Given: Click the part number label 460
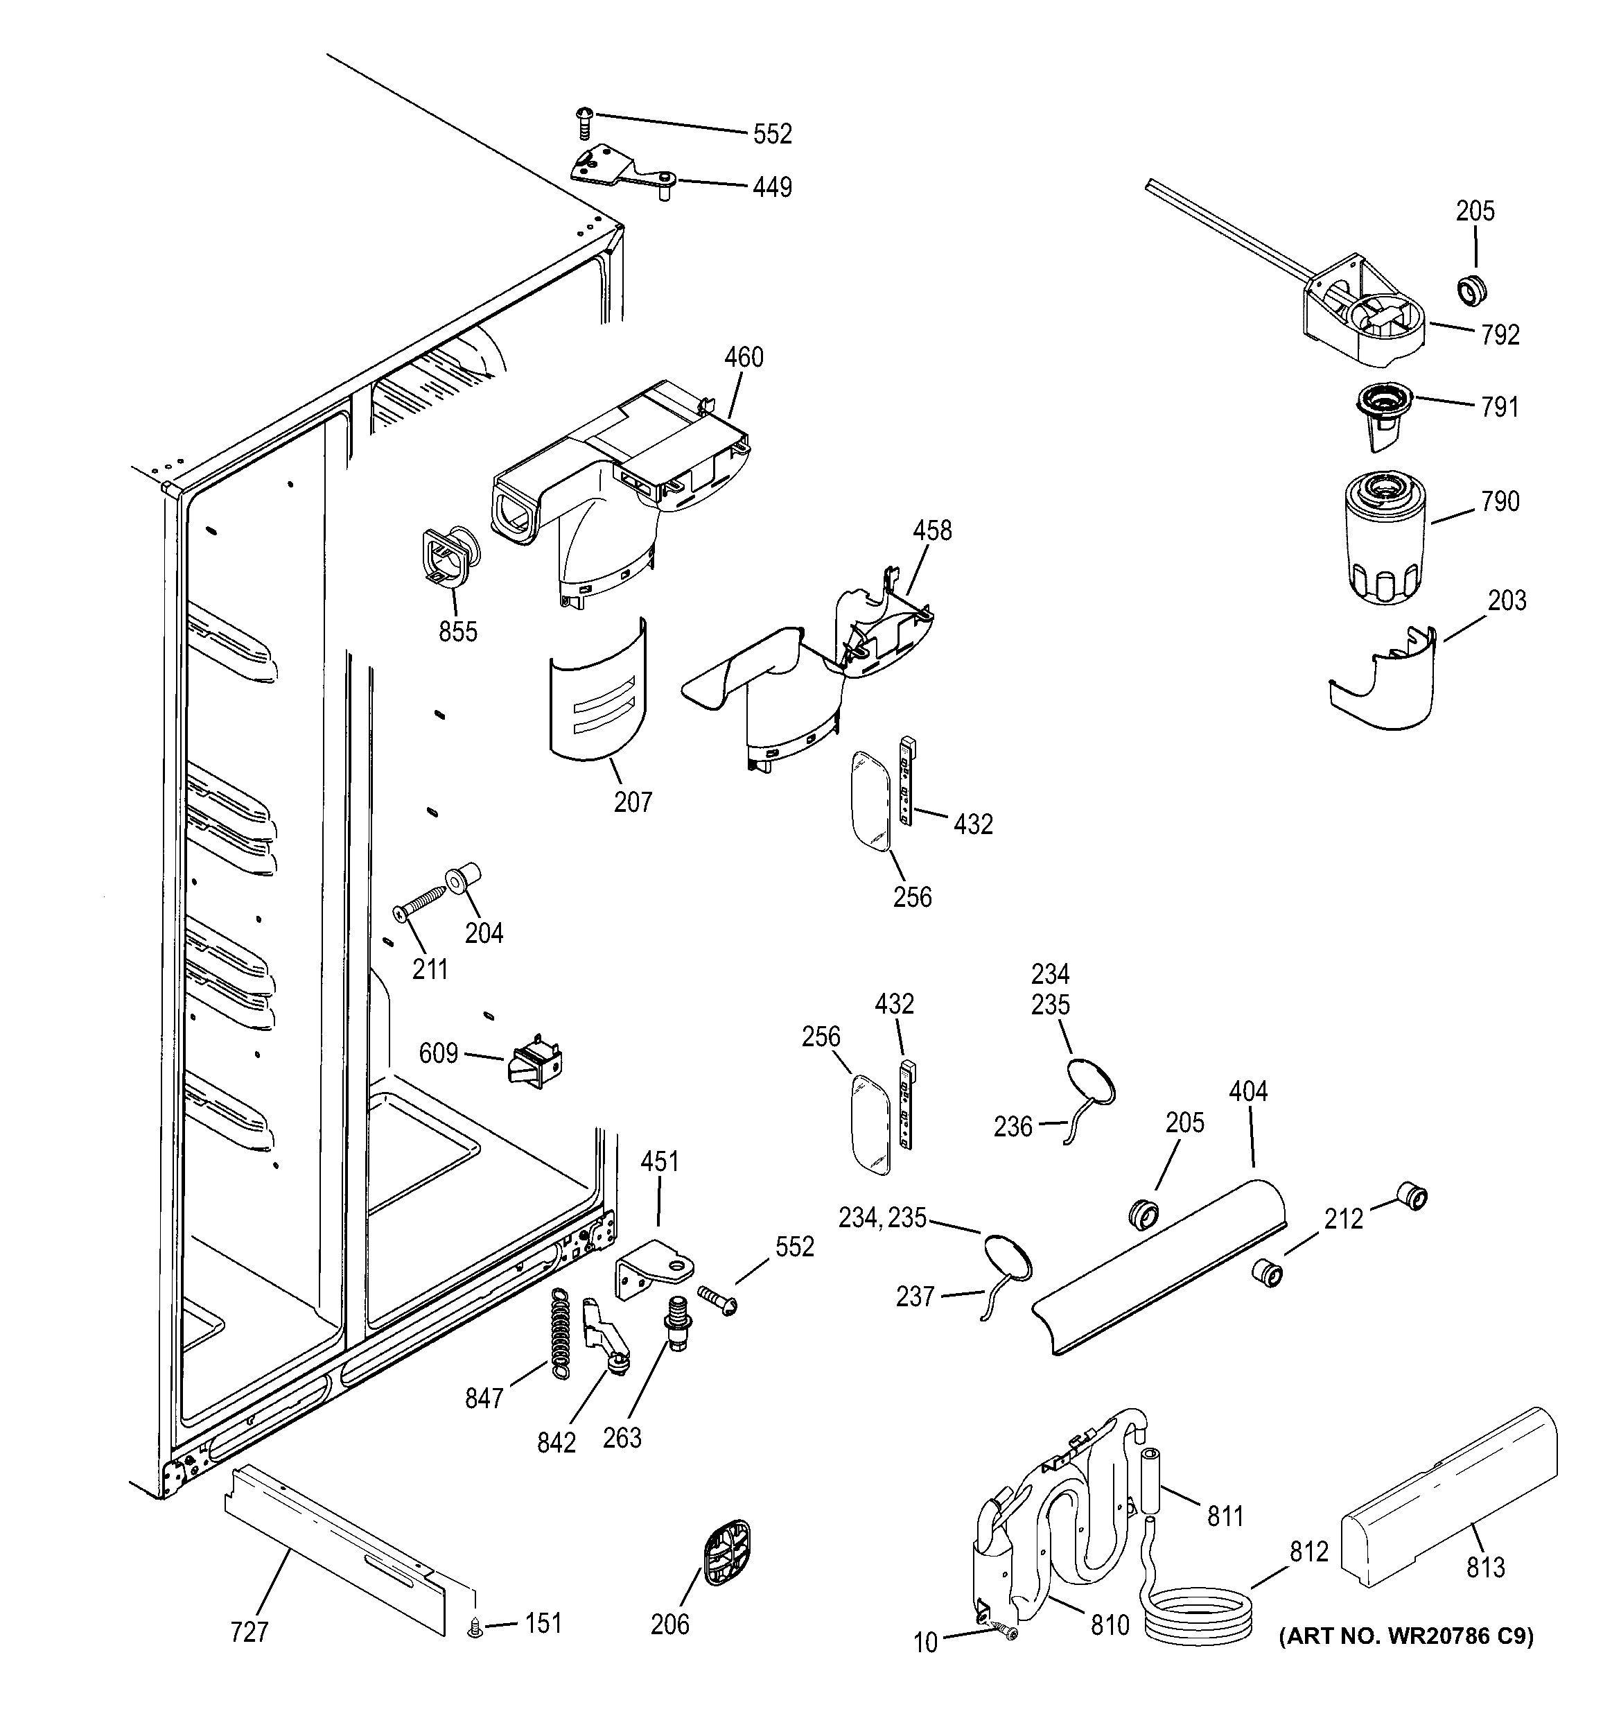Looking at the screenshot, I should tap(743, 357).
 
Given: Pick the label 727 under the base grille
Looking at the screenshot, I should tap(249, 1632).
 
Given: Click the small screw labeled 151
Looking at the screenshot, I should tap(475, 1628).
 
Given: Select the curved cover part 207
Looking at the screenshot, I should tap(597, 691).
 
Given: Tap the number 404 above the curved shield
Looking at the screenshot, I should tap(1248, 1092).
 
